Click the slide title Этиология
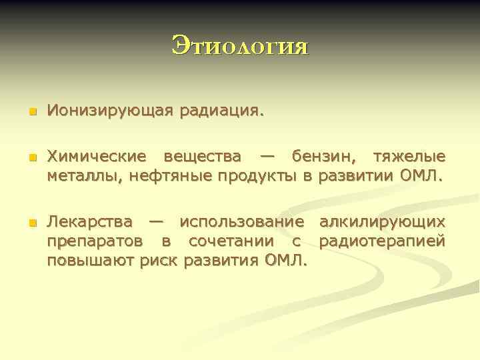[240, 46]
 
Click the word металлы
[76, 175]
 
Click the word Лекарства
[89, 221]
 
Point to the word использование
[242, 221]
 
